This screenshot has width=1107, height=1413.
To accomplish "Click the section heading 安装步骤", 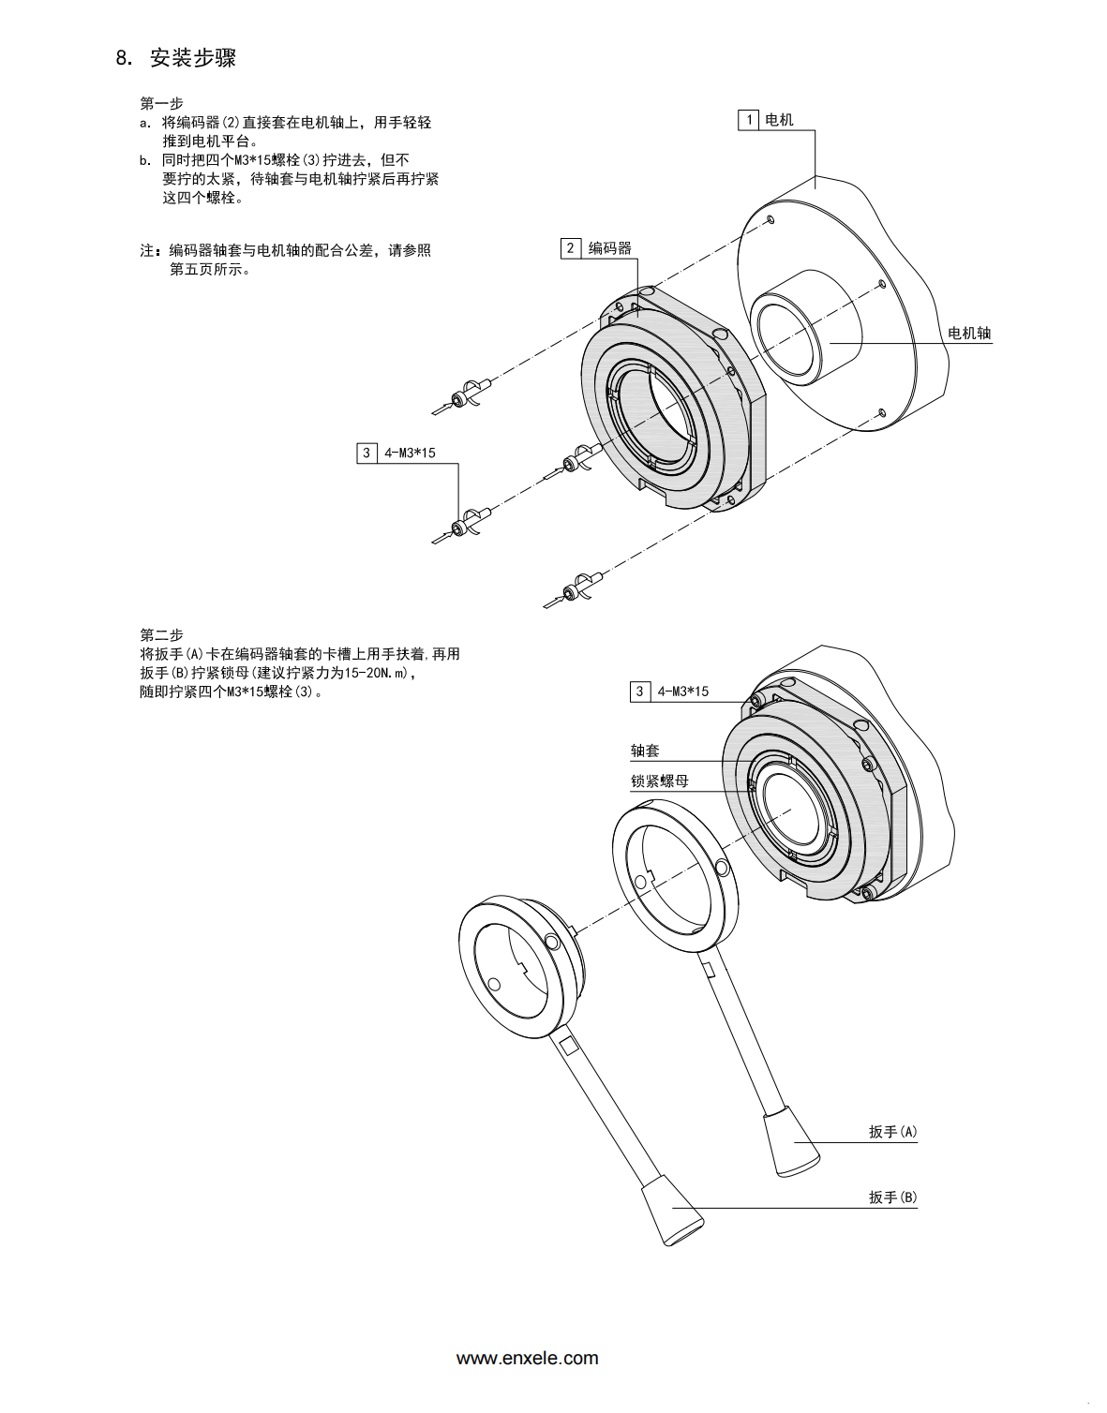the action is [x=192, y=58].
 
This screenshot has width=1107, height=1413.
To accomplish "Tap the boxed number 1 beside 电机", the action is [x=749, y=120].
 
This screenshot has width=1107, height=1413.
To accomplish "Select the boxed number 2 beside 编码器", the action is [x=571, y=248].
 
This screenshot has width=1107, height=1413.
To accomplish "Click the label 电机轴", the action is [x=969, y=333].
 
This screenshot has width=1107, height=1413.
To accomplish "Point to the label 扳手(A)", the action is [x=893, y=1132].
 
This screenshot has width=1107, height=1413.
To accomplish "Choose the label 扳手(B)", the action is [x=893, y=1197].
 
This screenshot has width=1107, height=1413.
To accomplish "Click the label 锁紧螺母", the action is [x=660, y=781].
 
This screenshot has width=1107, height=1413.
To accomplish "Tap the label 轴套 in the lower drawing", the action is [x=645, y=751].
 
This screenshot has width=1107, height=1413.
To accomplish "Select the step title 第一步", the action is [x=161, y=103].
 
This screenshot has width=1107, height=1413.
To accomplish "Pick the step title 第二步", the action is [x=161, y=634].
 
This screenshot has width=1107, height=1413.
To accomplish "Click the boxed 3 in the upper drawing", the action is [x=367, y=454].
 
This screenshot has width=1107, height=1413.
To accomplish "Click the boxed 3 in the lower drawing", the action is [x=640, y=692].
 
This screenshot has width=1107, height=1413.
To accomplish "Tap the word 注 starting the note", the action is [x=147, y=251].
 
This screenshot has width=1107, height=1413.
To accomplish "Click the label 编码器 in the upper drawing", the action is [x=609, y=248].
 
